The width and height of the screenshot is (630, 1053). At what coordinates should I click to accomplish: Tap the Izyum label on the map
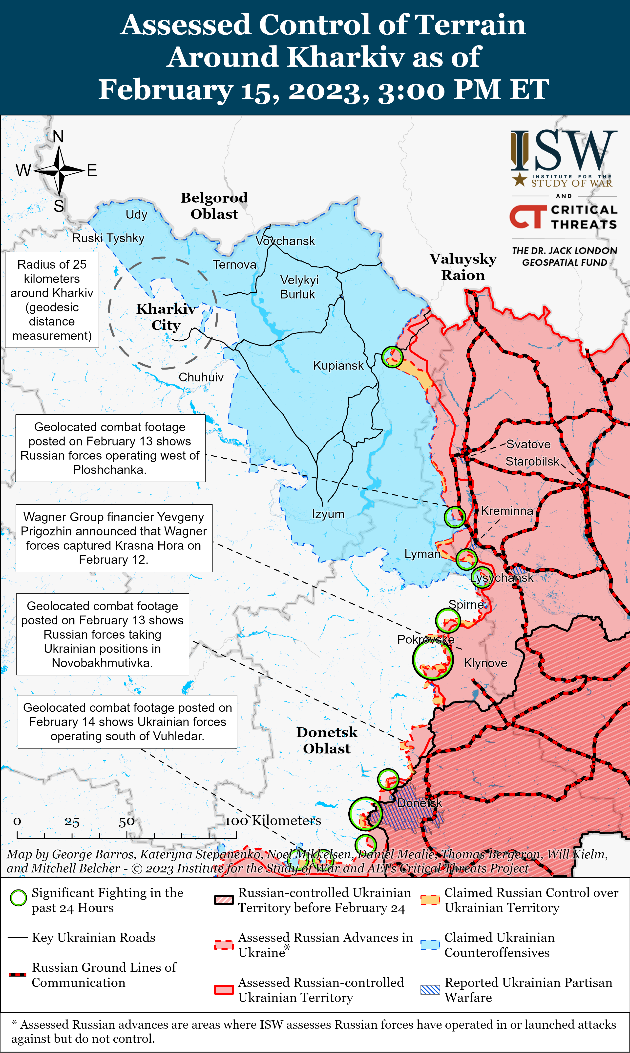(x=328, y=514)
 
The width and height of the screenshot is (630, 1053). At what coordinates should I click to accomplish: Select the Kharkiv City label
(x=166, y=317)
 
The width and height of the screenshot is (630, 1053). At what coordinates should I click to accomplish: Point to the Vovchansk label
(x=285, y=241)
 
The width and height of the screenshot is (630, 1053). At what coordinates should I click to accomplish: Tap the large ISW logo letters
(x=563, y=151)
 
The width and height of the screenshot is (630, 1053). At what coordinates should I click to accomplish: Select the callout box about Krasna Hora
(x=114, y=538)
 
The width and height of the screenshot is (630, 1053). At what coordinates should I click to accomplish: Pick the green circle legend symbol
(x=18, y=898)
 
